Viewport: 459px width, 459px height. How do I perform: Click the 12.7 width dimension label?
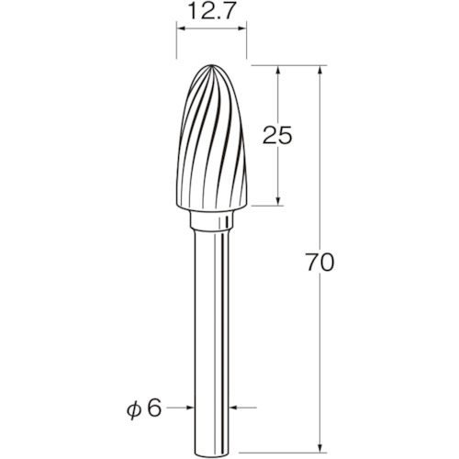pyautogui.click(x=211, y=11)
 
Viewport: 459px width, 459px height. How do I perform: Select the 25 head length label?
pyautogui.click(x=277, y=135)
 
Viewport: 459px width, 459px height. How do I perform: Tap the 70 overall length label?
pyautogui.click(x=320, y=263)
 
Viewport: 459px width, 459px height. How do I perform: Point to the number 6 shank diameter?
pyautogui.click(x=153, y=408)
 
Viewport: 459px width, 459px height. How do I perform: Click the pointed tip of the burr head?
pyautogui.click(x=212, y=65)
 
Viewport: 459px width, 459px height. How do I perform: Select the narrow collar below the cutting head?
pyautogui.click(x=211, y=220)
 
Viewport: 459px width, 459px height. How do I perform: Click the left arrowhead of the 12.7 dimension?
pyautogui.click(x=181, y=28)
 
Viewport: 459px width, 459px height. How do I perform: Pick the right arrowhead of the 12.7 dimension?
pyautogui.click(x=242, y=28)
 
